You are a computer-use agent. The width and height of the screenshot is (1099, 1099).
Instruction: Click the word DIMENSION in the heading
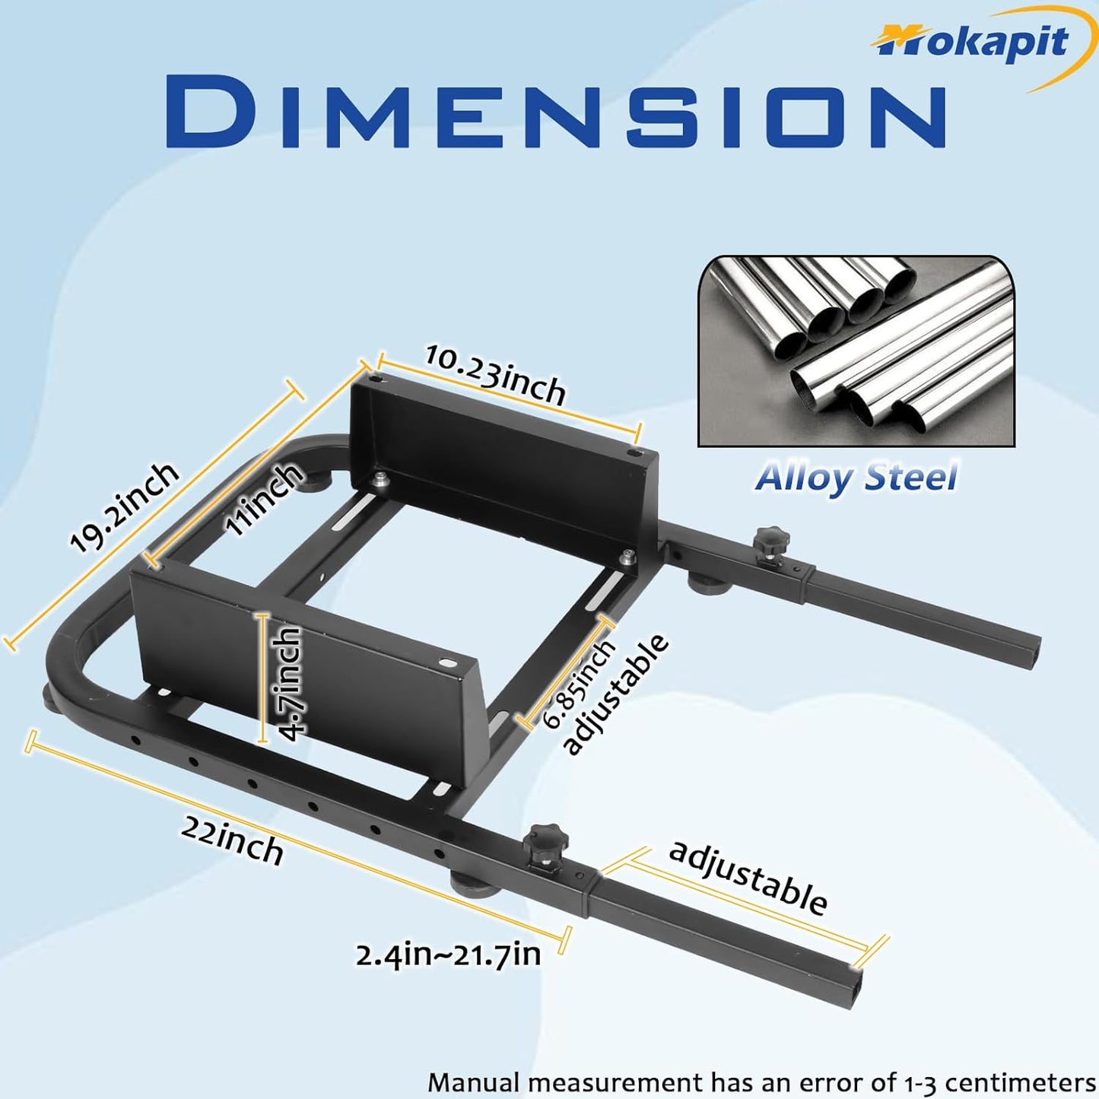pos(556,111)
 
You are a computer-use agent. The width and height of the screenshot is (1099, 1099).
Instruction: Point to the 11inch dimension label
pos(263,498)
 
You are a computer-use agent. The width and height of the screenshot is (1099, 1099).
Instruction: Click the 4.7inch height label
pos(288,684)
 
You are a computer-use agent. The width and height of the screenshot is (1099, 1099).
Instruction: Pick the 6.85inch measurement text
pos(578,684)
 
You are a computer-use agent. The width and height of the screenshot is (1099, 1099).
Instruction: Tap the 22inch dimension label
pos(232,843)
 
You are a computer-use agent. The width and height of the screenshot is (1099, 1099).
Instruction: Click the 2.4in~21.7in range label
pos(448,954)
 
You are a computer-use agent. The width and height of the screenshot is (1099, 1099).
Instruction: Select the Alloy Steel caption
pos(856,478)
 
